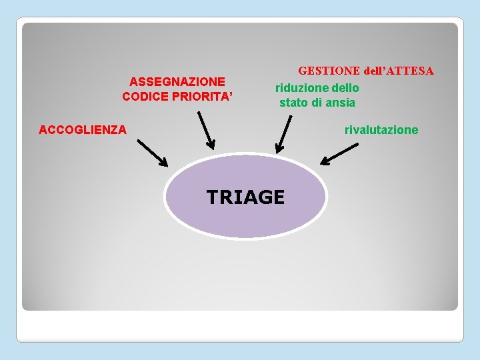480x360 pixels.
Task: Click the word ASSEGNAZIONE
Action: [177, 81]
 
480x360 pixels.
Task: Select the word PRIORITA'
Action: [201, 96]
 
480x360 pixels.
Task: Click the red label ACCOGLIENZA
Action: [83, 129]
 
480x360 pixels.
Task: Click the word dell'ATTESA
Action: [399, 70]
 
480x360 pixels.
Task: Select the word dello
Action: [344, 88]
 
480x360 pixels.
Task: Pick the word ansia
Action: [340, 103]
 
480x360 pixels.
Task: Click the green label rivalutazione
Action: [381, 129]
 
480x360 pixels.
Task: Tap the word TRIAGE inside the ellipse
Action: [245, 197]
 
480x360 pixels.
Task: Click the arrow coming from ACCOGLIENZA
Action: [153, 153]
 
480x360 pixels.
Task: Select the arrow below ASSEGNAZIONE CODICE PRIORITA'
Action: [207, 130]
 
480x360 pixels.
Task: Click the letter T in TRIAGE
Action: [213, 197]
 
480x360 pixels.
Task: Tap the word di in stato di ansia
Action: [317, 103]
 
